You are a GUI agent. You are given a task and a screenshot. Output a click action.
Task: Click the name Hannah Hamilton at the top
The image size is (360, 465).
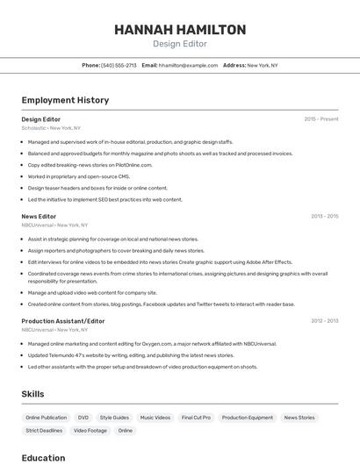click(180, 30)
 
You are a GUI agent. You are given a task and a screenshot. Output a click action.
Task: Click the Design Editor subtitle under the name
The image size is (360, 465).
click(180, 44)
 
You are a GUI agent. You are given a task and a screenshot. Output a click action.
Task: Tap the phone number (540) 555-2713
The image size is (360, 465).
click(119, 65)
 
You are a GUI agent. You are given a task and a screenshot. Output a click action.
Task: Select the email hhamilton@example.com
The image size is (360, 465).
click(188, 65)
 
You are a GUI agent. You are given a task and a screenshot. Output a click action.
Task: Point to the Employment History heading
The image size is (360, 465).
click(65, 100)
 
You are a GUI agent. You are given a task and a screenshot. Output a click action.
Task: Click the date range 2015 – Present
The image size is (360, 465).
click(321, 118)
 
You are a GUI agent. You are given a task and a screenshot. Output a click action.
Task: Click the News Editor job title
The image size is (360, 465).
click(39, 216)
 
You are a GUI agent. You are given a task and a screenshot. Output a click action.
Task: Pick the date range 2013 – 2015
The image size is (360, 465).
click(324, 216)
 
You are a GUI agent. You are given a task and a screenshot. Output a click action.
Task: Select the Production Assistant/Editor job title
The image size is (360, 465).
click(63, 321)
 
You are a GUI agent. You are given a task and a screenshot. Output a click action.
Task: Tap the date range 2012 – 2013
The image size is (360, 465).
click(324, 321)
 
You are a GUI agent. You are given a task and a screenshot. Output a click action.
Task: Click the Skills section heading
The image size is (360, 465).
click(32, 394)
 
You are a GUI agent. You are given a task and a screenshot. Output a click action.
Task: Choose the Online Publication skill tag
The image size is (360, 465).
click(47, 418)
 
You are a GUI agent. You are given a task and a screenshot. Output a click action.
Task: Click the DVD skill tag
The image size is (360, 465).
click(83, 418)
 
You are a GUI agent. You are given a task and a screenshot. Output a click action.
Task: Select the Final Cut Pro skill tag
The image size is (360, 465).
click(196, 418)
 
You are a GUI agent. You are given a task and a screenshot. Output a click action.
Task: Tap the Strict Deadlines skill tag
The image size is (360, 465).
click(44, 431)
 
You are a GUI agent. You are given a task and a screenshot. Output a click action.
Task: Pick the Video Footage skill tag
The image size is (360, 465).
click(90, 431)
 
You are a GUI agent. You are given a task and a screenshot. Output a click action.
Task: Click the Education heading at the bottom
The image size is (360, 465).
click(43, 458)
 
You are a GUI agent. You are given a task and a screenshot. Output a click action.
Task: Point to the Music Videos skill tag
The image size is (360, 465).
click(155, 418)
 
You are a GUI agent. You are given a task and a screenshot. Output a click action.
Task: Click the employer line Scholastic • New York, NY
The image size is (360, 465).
click(51, 128)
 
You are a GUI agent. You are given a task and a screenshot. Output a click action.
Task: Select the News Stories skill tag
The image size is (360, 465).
click(299, 418)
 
